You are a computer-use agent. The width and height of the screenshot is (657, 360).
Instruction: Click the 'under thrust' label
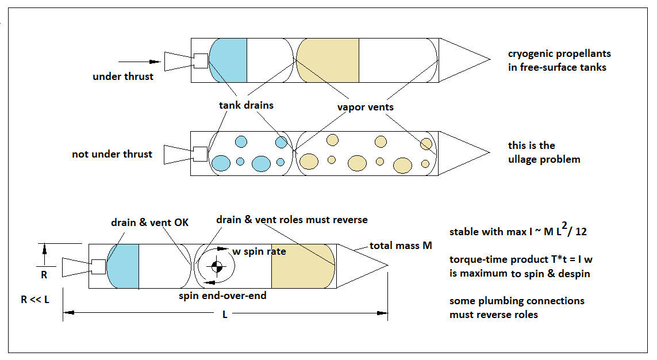pos(123,76)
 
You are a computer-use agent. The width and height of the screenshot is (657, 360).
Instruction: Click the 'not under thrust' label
pos(112,154)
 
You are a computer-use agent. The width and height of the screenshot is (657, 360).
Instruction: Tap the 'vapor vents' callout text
pos(366,107)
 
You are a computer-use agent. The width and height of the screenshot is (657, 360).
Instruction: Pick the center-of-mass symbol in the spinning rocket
pos(217,266)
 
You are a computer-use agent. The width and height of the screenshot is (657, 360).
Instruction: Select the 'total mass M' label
pos(401,246)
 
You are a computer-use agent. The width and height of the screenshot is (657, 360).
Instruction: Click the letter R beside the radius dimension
pos(44,274)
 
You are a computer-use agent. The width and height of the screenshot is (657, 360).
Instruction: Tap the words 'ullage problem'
pos(544,159)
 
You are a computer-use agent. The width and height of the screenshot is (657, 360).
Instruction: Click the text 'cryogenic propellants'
pos(559,53)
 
